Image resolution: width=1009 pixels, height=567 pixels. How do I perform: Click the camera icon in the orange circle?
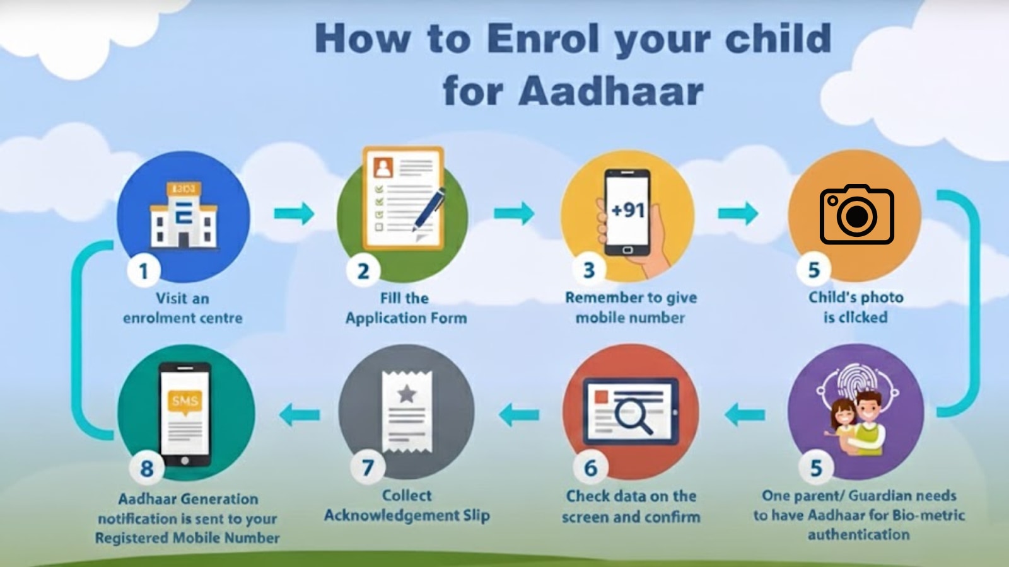(x=856, y=215)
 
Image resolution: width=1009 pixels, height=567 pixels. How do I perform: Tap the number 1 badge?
(x=144, y=271)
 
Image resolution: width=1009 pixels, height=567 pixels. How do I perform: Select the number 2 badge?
(x=363, y=271)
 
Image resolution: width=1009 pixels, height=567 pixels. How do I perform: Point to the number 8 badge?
(x=146, y=469)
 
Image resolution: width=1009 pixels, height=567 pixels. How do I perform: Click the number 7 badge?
(x=368, y=468)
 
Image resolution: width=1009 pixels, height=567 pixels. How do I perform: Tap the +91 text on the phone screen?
(x=627, y=209)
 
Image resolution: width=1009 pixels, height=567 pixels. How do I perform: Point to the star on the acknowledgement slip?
(x=407, y=394)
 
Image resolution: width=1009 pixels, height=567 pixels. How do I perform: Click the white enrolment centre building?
(x=184, y=218)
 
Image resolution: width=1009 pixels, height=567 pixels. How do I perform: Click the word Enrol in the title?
(x=543, y=39)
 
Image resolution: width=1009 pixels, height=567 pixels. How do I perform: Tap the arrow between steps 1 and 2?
(x=294, y=213)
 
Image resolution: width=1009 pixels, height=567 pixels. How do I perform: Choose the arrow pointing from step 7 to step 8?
(x=300, y=415)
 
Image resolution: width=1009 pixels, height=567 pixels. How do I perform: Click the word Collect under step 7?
(x=407, y=496)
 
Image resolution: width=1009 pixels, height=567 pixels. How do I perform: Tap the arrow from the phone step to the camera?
(x=738, y=213)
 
